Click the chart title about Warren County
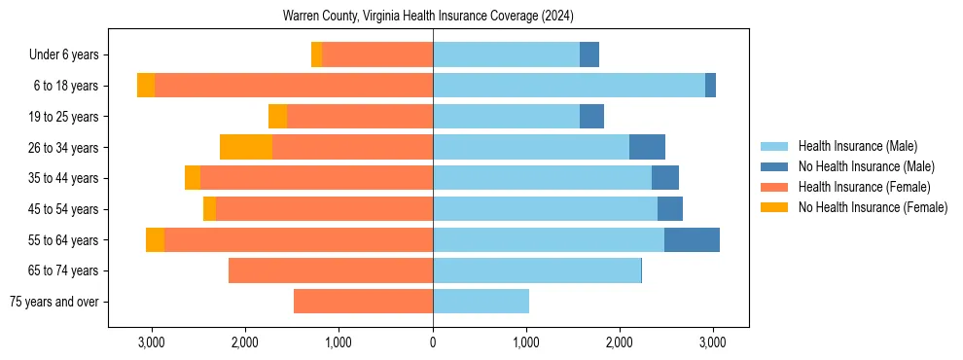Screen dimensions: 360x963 428,16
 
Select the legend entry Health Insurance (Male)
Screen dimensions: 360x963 857,146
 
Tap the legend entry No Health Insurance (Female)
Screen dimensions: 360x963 873,207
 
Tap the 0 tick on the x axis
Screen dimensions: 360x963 433,343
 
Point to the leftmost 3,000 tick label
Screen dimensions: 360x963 153,343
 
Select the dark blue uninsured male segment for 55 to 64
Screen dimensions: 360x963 692,239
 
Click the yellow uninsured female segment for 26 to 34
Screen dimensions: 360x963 246,147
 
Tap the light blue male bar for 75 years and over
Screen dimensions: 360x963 481,302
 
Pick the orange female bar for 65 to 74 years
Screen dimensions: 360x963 331,270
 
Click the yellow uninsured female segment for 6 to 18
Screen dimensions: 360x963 146,86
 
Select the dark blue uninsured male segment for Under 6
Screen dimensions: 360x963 589,54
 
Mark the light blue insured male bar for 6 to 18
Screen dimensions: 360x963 569,86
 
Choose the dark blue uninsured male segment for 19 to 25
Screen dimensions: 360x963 591,117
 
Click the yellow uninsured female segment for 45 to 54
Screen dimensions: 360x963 209,209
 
